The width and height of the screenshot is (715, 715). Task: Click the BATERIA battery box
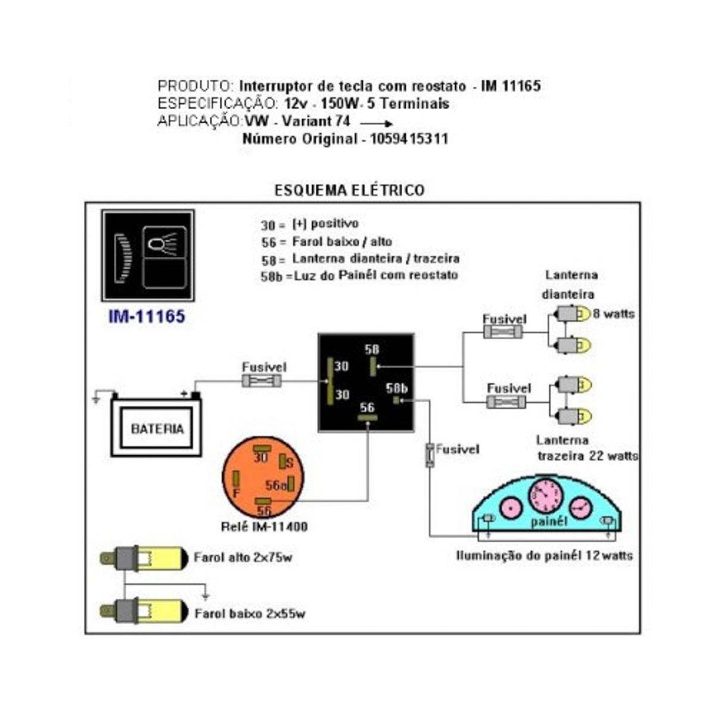157,427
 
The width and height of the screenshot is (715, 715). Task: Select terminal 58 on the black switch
373,366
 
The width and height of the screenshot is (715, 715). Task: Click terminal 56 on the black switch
367,418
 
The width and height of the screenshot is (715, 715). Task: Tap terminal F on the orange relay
236,478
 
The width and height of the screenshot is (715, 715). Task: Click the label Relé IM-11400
264,527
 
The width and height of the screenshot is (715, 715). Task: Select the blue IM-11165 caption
147,316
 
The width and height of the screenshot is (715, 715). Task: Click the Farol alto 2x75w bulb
143,558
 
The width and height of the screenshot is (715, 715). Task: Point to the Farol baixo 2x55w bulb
143,612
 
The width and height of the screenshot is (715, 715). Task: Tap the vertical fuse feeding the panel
430,455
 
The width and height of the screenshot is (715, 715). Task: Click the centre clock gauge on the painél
545,496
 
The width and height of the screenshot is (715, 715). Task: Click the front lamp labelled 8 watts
574,314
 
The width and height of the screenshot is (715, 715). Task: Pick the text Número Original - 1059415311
345,139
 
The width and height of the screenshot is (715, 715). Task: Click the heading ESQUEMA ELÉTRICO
349,190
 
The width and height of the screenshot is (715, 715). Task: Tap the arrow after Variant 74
377,124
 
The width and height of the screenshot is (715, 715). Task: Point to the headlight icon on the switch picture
164,244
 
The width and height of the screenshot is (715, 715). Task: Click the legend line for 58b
359,275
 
